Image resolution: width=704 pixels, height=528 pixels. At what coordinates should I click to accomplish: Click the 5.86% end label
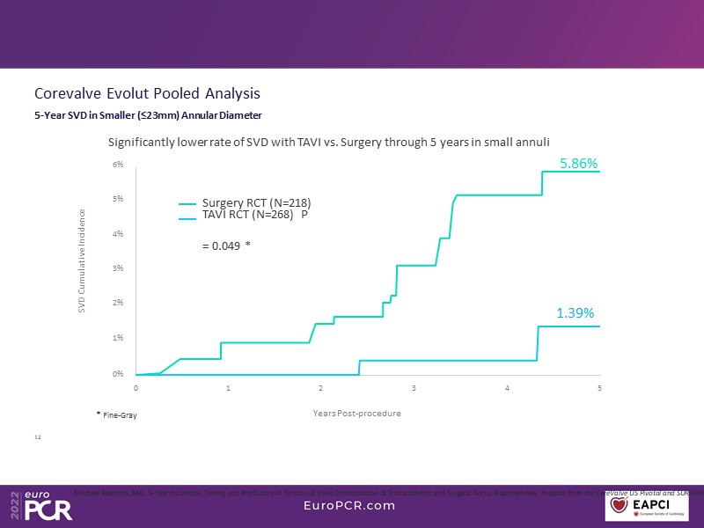pyautogui.click(x=579, y=164)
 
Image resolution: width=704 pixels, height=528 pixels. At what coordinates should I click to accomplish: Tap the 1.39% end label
pyautogui.click(x=576, y=312)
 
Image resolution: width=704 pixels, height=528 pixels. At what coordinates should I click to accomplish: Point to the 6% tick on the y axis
pyautogui.click(x=117, y=165)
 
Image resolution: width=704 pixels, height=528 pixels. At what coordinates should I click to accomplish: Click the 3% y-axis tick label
pyautogui.click(x=117, y=268)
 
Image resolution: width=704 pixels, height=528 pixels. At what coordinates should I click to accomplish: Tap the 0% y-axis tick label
pyautogui.click(x=117, y=374)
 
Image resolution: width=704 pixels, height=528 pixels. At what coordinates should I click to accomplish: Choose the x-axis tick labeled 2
pyautogui.click(x=321, y=387)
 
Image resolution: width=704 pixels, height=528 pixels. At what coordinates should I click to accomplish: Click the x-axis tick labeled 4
pyautogui.click(x=507, y=387)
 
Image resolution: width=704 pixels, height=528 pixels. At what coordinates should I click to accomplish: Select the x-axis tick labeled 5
pyautogui.click(x=600, y=387)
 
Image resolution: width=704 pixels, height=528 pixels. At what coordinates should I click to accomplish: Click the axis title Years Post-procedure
pyautogui.click(x=356, y=414)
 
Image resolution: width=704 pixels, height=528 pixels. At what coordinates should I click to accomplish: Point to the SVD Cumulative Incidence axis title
pyautogui.click(x=82, y=260)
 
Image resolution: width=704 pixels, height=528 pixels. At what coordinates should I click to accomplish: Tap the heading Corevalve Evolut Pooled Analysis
pyautogui.click(x=146, y=93)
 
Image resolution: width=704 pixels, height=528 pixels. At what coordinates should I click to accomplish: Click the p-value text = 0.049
pyautogui.click(x=226, y=247)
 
